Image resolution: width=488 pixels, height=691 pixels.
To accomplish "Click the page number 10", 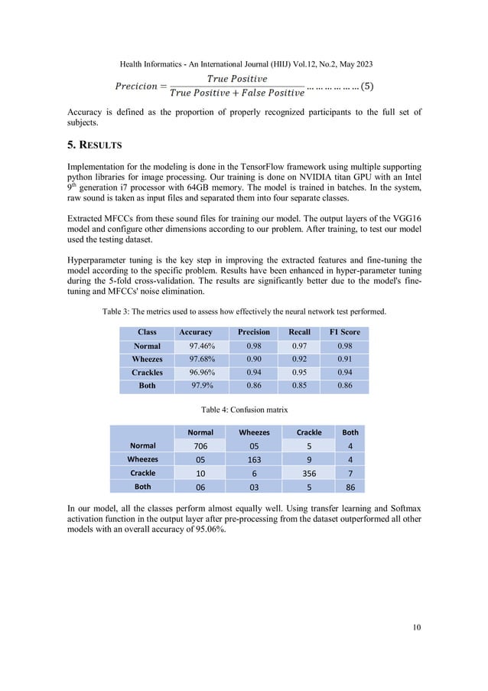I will (416, 627).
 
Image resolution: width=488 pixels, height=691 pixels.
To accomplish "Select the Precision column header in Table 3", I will (254, 332).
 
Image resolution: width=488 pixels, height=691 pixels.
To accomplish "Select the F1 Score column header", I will (344, 332).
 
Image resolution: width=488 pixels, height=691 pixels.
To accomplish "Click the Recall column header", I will (299, 332).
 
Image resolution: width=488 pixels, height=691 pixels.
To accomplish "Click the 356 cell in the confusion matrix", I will (308, 473).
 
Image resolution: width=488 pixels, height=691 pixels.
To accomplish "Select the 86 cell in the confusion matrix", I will (350, 487).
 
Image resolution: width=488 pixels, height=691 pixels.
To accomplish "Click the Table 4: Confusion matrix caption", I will (244, 410).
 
